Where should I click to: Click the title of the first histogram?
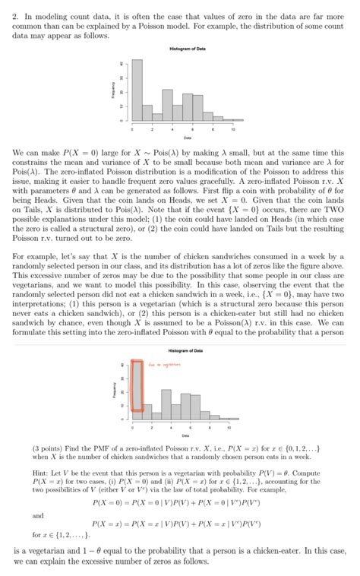pos(180,49)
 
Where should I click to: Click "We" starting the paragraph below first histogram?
pos(19,153)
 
